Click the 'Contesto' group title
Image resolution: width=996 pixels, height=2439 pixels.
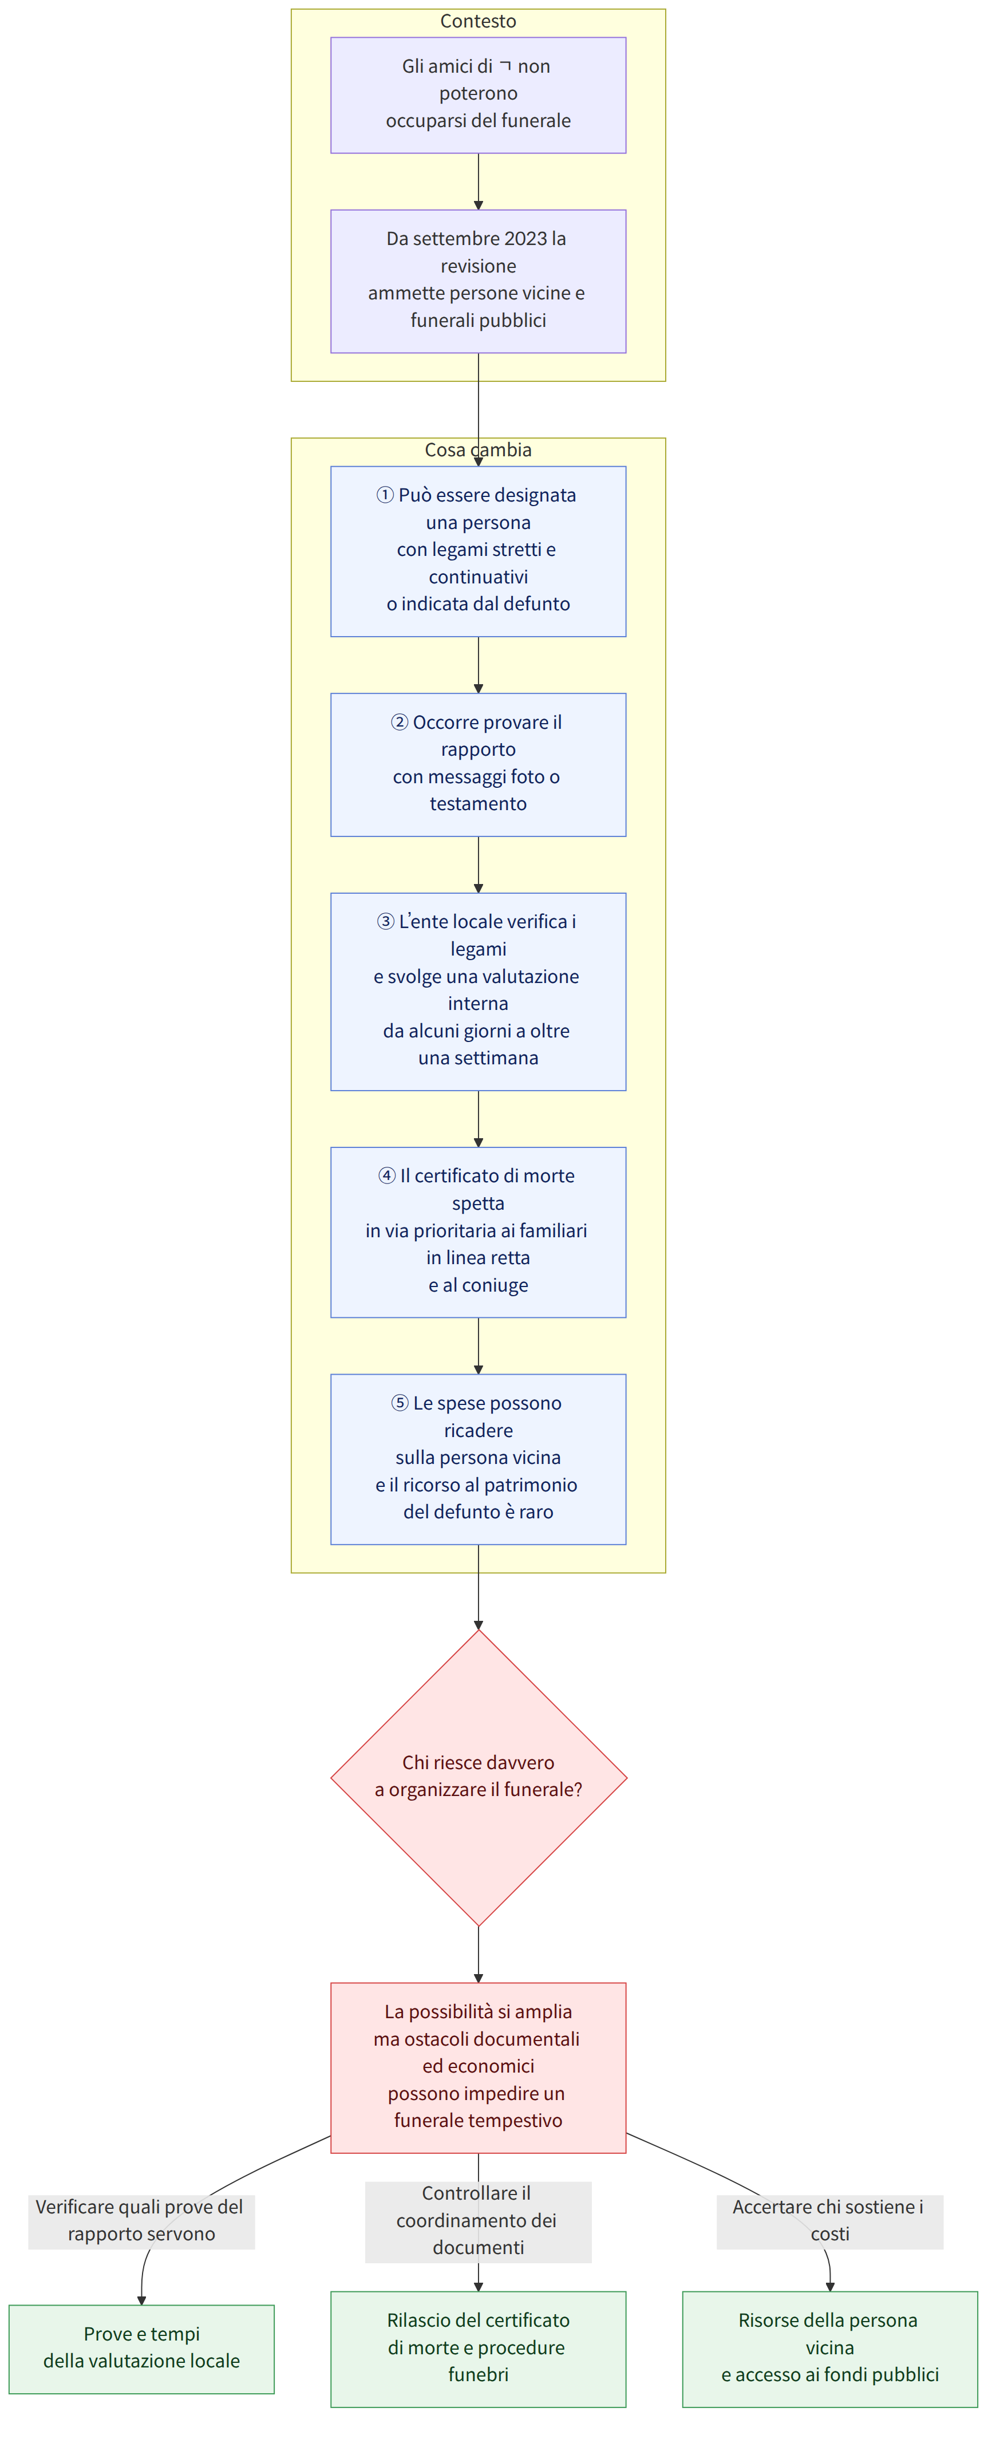tap(478, 21)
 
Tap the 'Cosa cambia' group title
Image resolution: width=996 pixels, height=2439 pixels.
tap(478, 450)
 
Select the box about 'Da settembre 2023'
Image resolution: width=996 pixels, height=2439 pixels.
tap(478, 281)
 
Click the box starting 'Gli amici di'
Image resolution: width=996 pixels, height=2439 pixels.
tap(478, 94)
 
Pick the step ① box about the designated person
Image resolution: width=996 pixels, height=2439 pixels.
tap(478, 551)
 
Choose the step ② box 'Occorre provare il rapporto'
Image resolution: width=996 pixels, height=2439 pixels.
tap(478, 764)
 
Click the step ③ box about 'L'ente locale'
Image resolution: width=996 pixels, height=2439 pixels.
tap(478, 991)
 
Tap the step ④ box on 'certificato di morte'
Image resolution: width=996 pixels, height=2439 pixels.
tap(478, 1232)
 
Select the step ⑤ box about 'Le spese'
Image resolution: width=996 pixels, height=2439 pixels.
tap(478, 1459)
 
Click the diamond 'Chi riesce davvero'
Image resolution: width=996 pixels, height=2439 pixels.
tap(478, 1777)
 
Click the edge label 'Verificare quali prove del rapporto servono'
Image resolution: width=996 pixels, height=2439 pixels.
tap(141, 2221)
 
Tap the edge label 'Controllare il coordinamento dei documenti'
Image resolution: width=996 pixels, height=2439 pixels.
tap(478, 2221)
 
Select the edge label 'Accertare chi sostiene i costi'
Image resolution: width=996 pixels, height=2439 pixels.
tap(829, 2221)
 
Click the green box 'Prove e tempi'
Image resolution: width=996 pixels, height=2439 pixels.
tap(141, 2348)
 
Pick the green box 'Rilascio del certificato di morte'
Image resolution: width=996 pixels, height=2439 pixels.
tap(478, 2348)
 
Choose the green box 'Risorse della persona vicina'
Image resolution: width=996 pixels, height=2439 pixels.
tap(829, 2348)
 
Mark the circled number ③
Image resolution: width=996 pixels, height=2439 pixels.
tap(385, 921)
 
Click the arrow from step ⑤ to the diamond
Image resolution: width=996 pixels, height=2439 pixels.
tap(478, 1587)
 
